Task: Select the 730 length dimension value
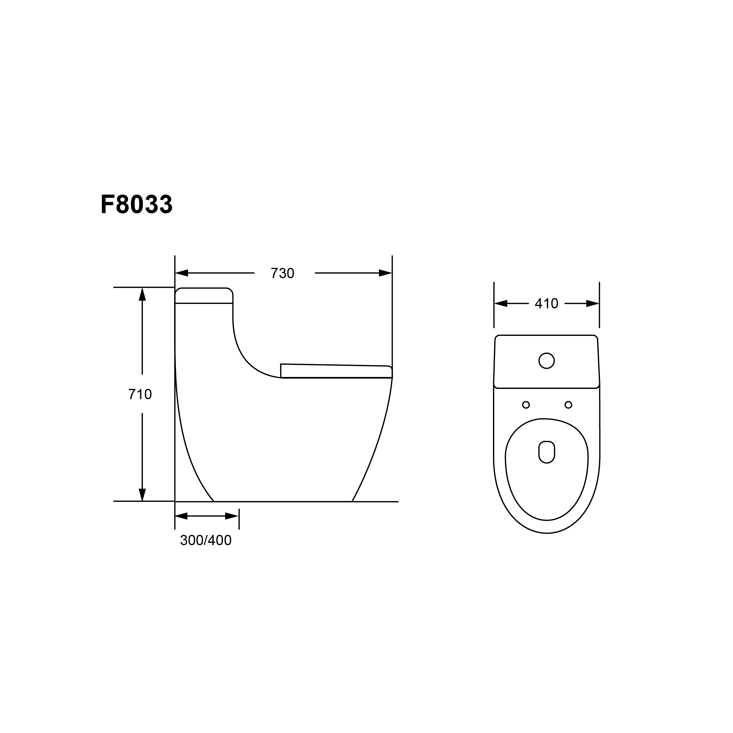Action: [282, 273]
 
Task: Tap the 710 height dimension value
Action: [140, 394]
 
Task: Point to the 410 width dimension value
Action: [546, 304]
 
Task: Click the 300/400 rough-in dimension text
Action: [206, 540]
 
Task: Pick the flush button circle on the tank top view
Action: [546, 360]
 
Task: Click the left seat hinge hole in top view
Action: [526, 405]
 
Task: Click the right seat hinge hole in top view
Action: [568, 405]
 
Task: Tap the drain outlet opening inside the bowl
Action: [547, 452]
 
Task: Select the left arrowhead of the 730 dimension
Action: [182, 273]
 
